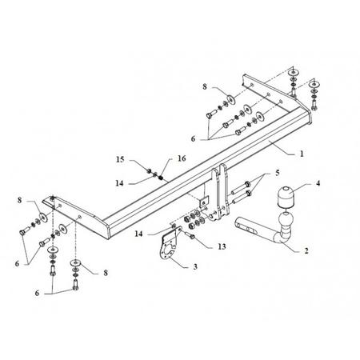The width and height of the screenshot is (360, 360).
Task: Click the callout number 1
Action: click(x=302, y=154)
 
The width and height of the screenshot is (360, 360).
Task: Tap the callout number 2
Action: click(x=306, y=250)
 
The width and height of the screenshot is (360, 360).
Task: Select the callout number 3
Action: click(x=195, y=266)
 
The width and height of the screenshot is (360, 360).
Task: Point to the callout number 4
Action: click(x=318, y=183)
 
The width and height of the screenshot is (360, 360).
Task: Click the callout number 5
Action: click(x=278, y=173)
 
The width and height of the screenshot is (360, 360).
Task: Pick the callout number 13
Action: click(x=222, y=246)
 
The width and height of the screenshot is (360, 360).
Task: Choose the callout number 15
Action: click(x=120, y=159)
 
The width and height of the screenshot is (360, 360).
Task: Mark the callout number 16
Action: click(x=182, y=158)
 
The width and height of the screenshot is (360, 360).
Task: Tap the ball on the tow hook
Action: click(x=286, y=220)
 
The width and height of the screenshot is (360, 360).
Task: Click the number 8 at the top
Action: click(x=205, y=87)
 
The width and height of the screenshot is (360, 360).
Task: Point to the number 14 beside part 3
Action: click(x=138, y=234)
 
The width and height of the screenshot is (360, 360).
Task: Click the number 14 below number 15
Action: click(x=120, y=183)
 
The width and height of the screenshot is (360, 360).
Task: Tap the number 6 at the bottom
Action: click(x=37, y=293)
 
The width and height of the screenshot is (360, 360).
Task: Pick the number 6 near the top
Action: click(x=193, y=138)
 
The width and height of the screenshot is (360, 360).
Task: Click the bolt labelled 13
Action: click(x=190, y=236)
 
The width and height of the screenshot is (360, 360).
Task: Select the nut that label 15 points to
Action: click(x=150, y=171)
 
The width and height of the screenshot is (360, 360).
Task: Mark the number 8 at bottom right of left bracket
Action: click(x=106, y=273)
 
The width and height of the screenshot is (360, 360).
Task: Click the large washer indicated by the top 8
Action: click(x=231, y=99)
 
